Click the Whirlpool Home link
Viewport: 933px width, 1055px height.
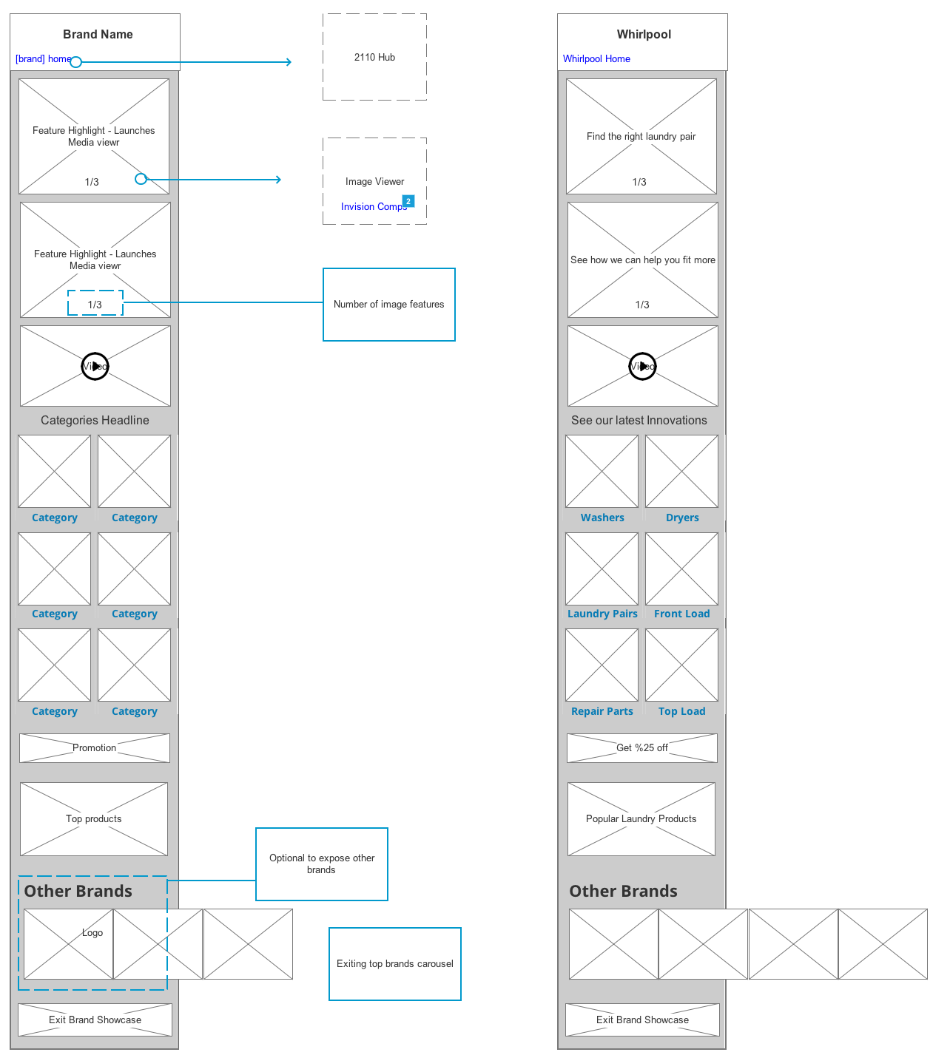pos(596,59)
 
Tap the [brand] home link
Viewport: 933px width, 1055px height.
pos(43,59)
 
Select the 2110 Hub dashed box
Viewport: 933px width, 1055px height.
pos(374,57)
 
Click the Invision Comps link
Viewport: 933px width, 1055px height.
pos(373,207)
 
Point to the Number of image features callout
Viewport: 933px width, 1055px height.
pos(388,305)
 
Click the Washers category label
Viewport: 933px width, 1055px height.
pos(602,518)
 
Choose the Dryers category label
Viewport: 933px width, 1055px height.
pos(682,518)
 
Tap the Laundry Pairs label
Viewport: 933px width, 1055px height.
pos(602,614)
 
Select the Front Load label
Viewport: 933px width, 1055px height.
pos(682,614)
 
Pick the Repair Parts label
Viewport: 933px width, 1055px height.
pos(602,712)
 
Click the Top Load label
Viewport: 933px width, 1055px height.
pos(682,712)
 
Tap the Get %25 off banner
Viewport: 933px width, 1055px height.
pos(642,748)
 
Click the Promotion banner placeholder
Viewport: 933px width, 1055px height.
pos(95,748)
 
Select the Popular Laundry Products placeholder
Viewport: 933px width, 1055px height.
pos(641,819)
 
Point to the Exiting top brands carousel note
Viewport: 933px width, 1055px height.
pos(395,964)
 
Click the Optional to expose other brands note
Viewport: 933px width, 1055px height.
pos(322,864)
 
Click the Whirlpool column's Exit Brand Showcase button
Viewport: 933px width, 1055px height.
pos(642,1020)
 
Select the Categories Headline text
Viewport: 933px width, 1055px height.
pos(95,421)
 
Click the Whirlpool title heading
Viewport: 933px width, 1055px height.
pos(644,35)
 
